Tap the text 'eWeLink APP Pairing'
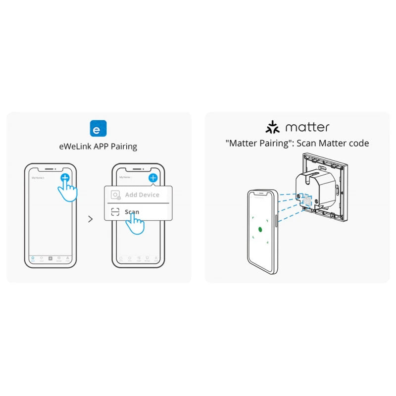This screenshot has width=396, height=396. click(x=99, y=147)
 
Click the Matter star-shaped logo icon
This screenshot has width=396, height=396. click(x=272, y=127)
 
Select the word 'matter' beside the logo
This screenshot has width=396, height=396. click(x=307, y=127)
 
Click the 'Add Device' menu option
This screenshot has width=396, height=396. click(x=142, y=195)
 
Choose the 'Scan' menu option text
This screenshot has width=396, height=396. click(x=132, y=212)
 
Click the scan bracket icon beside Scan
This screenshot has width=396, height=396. click(x=115, y=212)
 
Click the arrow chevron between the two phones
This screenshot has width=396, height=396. click(x=90, y=219)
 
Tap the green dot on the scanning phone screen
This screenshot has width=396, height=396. click(x=259, y=230)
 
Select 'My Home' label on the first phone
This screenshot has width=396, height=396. click(x=38, y=177)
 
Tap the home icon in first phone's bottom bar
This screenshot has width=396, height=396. click(x=33, y=258)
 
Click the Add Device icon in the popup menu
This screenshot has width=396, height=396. click(x=115, y=195)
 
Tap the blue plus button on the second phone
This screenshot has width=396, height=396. click(x=153, y=177)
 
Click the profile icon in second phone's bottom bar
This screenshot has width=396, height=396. click(x=156, y=258)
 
